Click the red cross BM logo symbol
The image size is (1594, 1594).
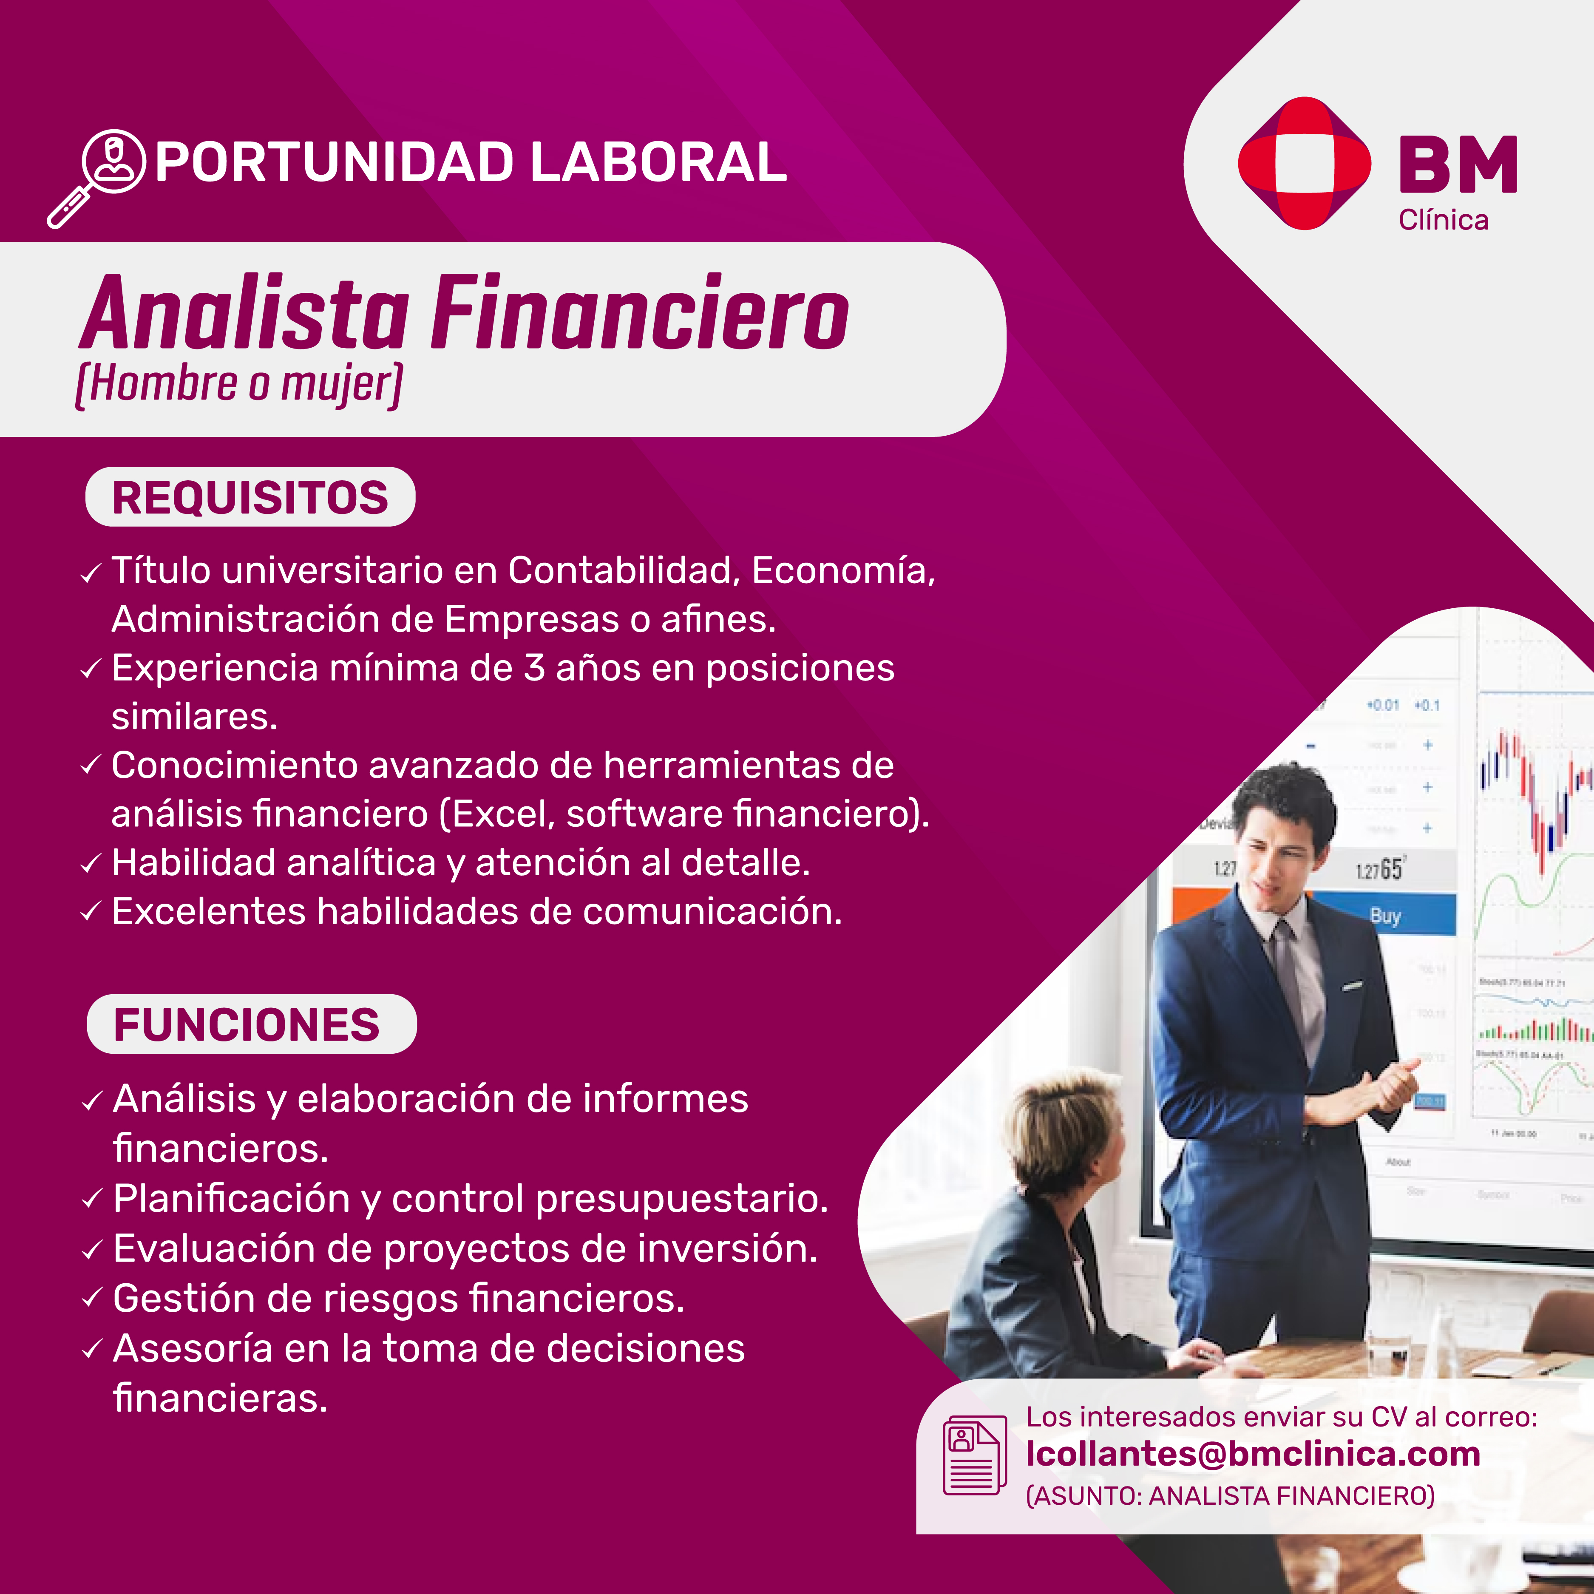tap(1305, 163)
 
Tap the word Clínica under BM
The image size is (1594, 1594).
tap(1444, 220)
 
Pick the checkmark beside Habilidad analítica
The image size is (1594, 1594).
tap(91, 865)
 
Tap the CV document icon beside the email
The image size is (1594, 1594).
tap(974, 1455)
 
